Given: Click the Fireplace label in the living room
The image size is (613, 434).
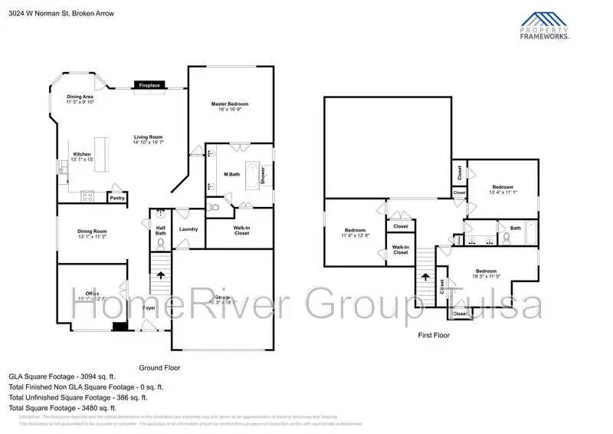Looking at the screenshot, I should click(149, 85).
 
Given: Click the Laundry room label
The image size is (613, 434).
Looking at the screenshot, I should click(188, 229).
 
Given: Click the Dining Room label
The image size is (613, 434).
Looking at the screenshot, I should click(90, 234).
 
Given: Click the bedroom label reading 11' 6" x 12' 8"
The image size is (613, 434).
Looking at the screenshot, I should click(356, 233).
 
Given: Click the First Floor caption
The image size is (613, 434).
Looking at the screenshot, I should click(434, 335).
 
